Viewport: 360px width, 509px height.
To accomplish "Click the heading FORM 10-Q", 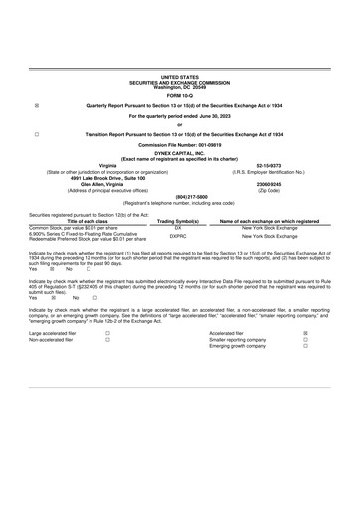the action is [x=180, y=94].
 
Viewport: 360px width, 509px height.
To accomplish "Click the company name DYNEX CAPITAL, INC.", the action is [x=179, y=153].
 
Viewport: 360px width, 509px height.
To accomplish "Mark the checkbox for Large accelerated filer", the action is [x=107, y=334].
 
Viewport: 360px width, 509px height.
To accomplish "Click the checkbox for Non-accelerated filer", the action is [x=107, y=340].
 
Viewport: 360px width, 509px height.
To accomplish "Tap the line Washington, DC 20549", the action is [x=179, y=85].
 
